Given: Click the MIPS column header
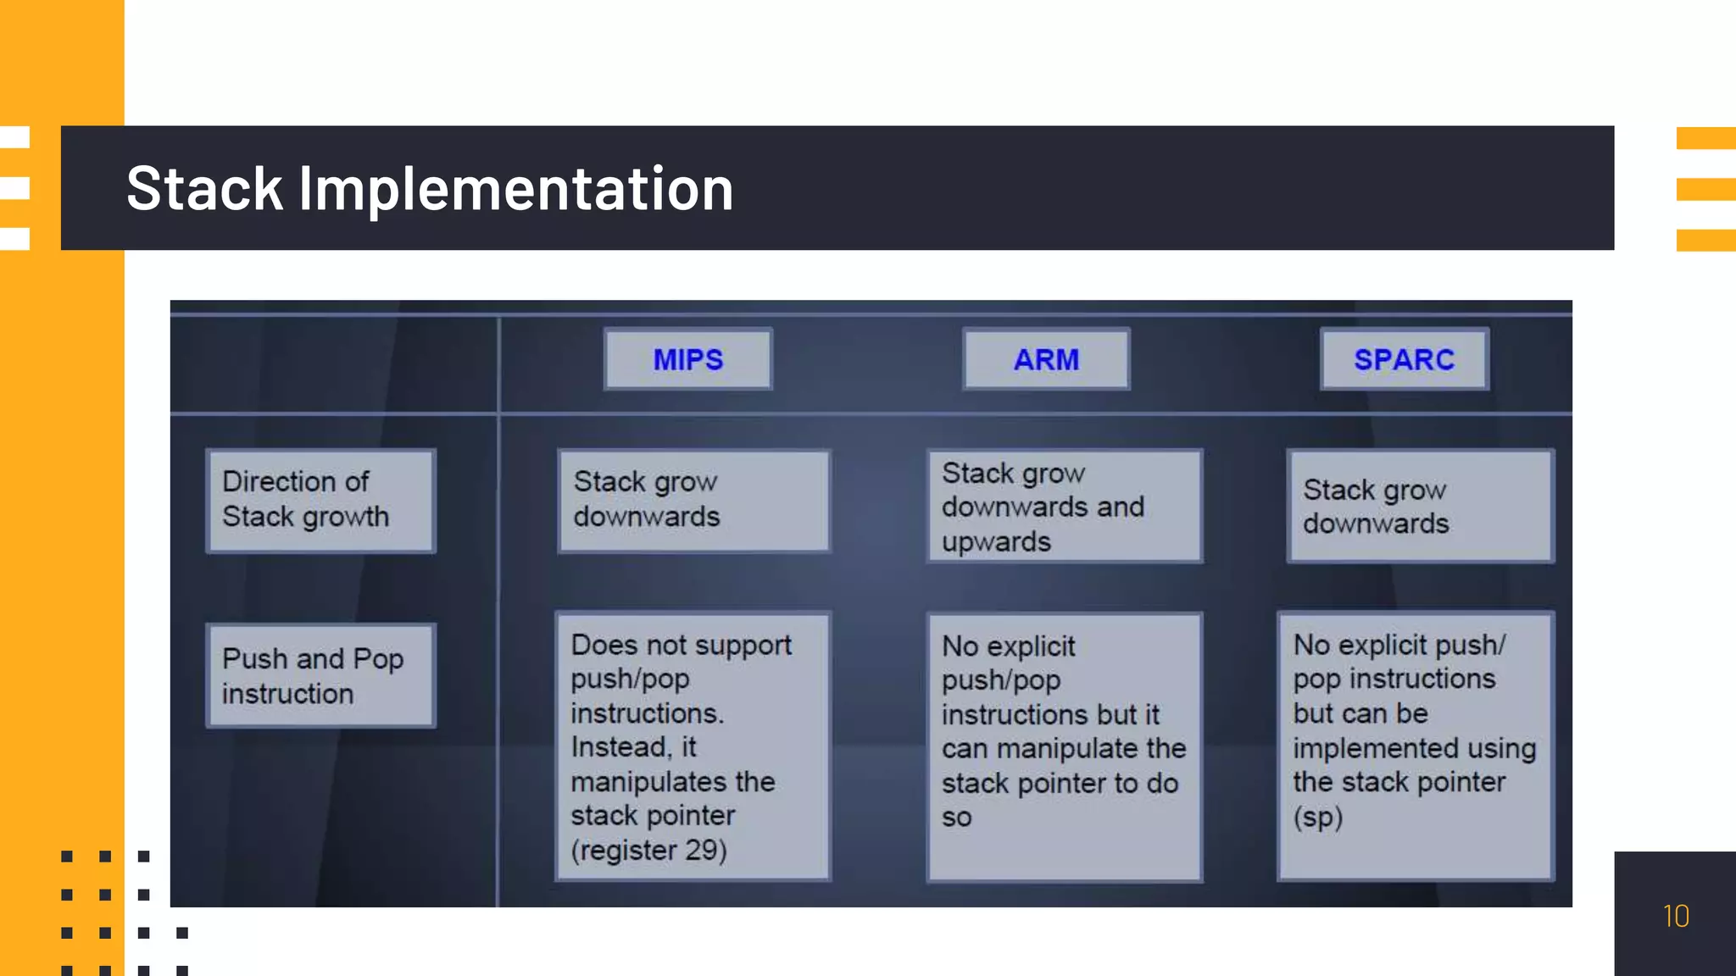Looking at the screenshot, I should click(x=687, y=359).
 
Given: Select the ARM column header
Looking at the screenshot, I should click(x=1046, y=359).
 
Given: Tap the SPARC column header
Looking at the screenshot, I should click(x=1404, y=359).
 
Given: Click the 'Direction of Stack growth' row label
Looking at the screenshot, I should click(x=320, y=500).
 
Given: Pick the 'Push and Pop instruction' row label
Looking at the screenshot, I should click(x=320, y=675).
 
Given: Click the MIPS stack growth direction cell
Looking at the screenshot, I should click(x=693, y=500).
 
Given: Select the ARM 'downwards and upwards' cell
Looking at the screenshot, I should click(x=1064, y=507).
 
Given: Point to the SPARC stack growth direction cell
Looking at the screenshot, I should click(x=1420, y=507).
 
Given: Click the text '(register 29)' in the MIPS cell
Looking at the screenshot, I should click(x=648, y=850).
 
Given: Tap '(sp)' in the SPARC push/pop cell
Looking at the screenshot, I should click(x=1317, y=817).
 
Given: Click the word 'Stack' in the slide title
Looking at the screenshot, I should click(x=204, y=188).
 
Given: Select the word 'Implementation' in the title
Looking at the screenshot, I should click(x=515, y=188).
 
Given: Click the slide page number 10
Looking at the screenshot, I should click(x=1675, y=916).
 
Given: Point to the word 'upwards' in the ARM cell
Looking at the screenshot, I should click(x=996, y=541).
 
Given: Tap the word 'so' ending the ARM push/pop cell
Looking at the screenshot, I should click(x=956, y=818).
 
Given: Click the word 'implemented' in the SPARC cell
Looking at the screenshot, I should click(x=1347, y=748).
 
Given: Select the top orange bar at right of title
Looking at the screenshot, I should click(x=1705, y=137).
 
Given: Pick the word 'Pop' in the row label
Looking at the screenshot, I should click(x=378, y=658).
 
